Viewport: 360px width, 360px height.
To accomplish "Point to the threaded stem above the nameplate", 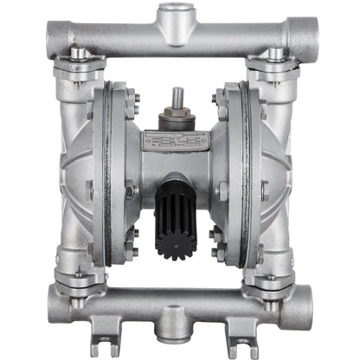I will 179,98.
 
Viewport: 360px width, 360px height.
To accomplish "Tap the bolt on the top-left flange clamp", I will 78,54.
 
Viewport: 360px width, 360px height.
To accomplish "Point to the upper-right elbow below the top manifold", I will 279,82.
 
